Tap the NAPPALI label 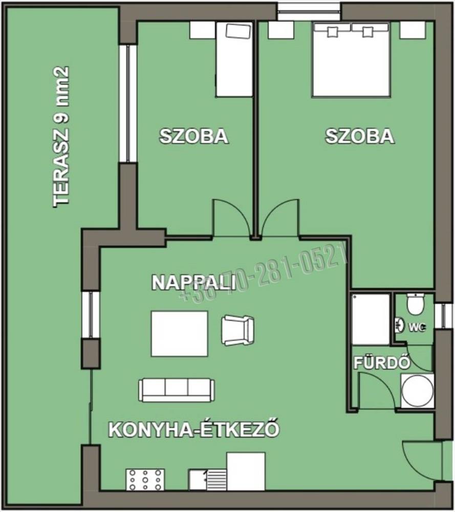coord(194,283)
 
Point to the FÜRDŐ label coord(382,363)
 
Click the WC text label coord(417,327)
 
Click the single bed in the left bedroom coord(234,59)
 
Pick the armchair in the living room coord(237,330)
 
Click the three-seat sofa coord(177,390)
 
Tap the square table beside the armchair coord(179,333)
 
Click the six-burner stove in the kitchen coord(145,479)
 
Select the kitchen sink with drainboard coord(207,479)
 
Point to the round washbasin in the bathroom coord(417,391)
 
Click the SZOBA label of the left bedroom coord(194,136)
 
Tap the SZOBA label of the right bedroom coord(360,136)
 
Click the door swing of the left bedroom coord(233,218)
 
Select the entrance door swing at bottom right coord(422,461)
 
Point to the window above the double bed coord(309,11)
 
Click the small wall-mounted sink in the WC coord(399,324)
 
